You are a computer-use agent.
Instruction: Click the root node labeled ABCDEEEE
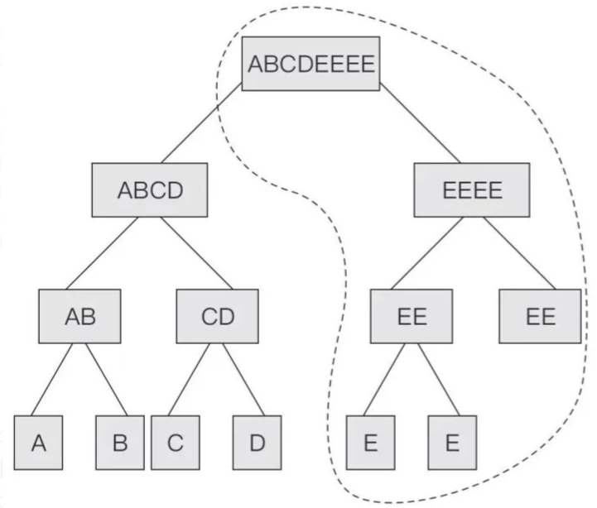311,63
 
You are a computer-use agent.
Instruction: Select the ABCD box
148,191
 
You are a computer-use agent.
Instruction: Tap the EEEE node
471,191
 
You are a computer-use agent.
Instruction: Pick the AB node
79,316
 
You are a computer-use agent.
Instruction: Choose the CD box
218,316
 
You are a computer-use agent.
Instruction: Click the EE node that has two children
411,316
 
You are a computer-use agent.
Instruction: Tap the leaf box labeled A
38,443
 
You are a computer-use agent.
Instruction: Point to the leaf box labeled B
120,443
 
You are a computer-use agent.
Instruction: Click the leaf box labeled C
175,443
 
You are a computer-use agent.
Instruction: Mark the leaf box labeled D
258,443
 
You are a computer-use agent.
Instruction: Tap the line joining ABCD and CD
188,253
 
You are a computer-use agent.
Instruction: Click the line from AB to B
105,380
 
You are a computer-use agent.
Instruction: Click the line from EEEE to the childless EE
510,253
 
